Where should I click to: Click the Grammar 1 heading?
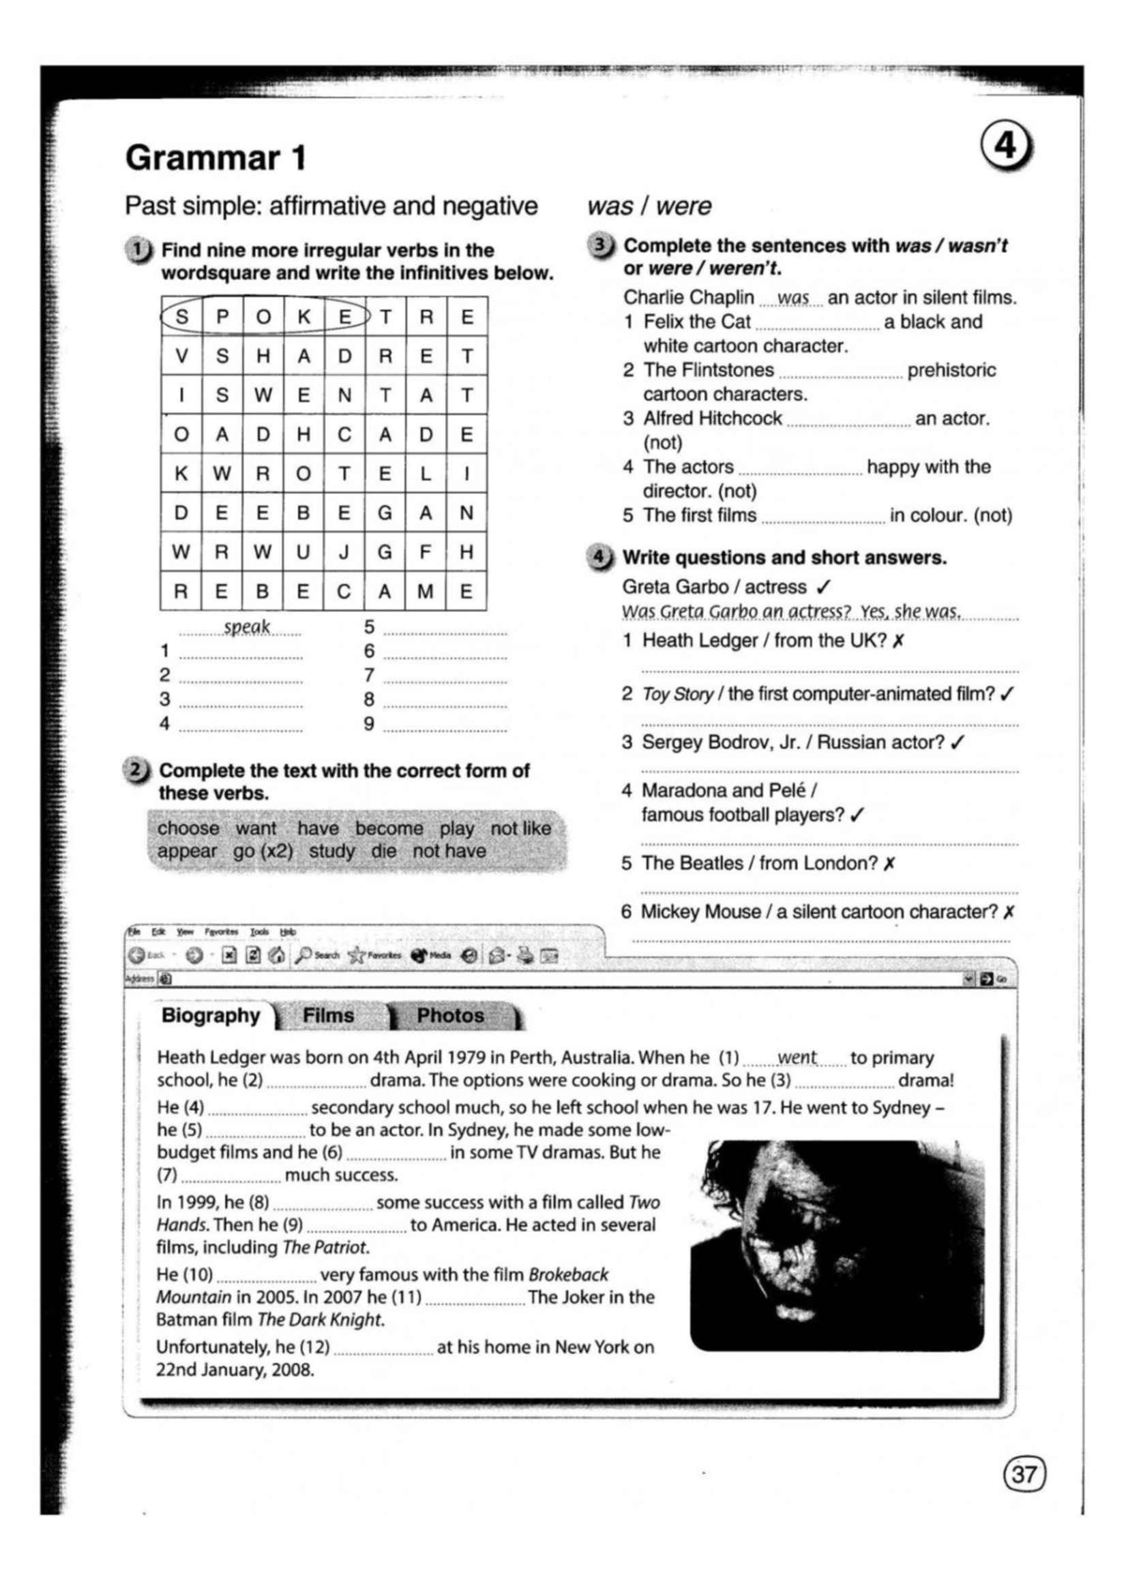click(x=216, y=158)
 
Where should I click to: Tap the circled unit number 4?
click(x=1007, y=149)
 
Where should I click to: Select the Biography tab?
click(x=211, y=1015)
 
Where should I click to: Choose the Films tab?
click(x=329, y=1015)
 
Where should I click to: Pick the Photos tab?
click(x=450, y=1015)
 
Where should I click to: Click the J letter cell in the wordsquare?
click(x=344, y=552)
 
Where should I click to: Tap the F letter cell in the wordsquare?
click(x=426, y=552)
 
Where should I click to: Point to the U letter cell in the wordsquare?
click(x=303, y=552)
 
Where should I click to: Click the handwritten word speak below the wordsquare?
click(x=247, y=627)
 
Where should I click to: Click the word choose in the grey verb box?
click(x=188, y=828)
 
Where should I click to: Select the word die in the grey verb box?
click(x=384, y=850)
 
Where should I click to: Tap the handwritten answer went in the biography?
click(x=797, y=1058)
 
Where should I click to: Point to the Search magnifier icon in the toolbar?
click(x=303, y=956)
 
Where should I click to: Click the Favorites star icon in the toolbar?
click(x=356, y=956)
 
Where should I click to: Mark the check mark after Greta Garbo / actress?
click(x=824, y=587)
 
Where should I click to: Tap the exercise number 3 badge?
click(x=599, y=246)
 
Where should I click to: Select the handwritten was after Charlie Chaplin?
click(x=792, y=298)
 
